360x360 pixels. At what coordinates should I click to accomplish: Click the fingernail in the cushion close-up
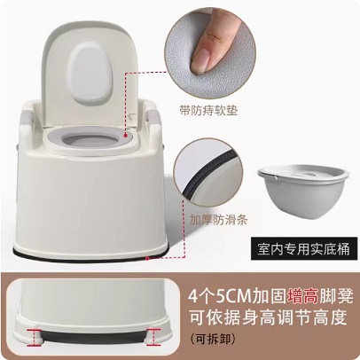204,56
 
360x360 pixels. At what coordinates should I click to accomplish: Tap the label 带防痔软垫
208,110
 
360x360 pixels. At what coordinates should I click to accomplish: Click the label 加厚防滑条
218,219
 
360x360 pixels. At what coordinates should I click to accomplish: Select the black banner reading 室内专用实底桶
304,248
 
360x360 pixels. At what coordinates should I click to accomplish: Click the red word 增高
302,296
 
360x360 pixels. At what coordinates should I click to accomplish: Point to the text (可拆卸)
213,339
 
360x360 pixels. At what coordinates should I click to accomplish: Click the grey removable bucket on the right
300,192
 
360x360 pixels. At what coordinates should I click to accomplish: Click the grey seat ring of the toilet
89,137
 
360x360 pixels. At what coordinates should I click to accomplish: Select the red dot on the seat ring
126,135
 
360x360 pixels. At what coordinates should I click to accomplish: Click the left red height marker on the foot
35,336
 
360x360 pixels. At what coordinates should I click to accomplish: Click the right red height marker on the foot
153,336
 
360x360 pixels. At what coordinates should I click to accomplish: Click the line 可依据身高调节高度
268,317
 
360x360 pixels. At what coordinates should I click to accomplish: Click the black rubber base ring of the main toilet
90,254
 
